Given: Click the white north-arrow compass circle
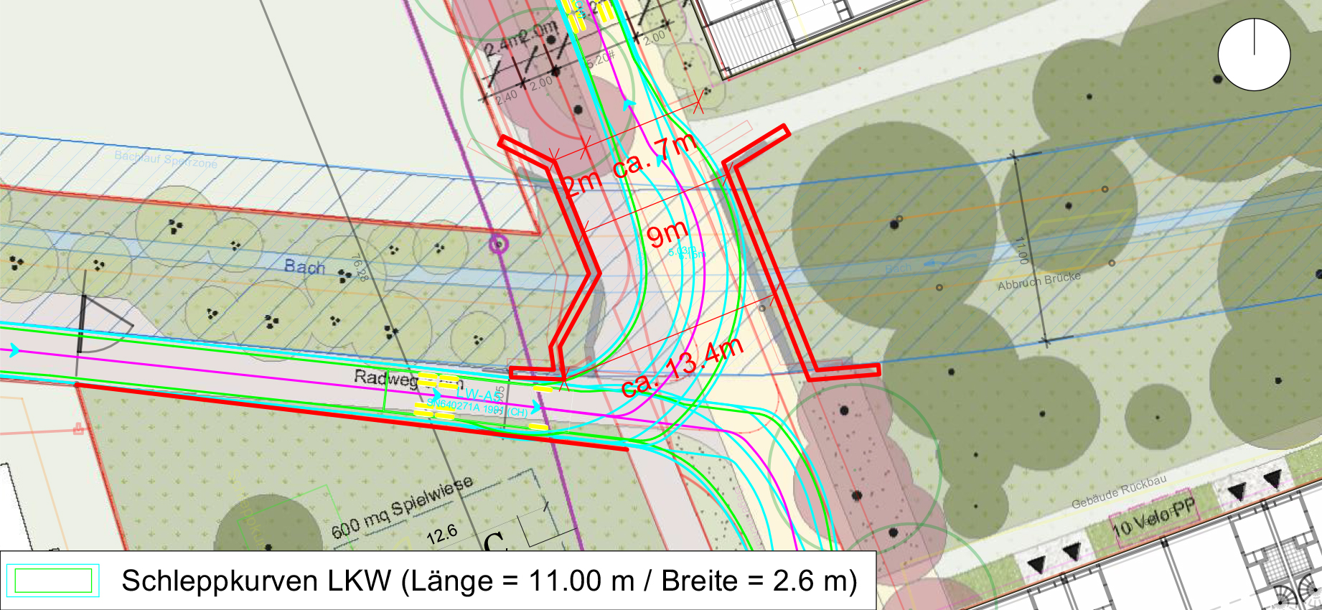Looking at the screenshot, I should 1254,55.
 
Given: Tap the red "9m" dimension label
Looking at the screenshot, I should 667,234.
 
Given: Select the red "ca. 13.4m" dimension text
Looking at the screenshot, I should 683,367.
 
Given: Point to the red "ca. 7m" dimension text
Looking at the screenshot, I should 655,156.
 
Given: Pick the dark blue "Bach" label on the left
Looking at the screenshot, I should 304,267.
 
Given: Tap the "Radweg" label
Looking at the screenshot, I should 385,378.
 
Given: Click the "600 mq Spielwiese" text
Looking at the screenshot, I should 402,507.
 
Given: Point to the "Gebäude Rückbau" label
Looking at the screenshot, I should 1119,492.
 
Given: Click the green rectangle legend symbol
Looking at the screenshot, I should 53,581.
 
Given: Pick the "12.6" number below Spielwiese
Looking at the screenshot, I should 441,534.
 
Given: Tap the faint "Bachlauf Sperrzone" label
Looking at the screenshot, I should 165,159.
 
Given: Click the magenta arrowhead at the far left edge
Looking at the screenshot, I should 14,351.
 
